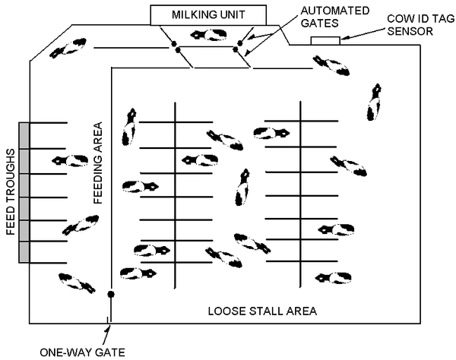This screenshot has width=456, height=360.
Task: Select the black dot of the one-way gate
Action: tap(111, 294)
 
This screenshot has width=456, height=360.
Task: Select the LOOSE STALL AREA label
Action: tap(261, 311)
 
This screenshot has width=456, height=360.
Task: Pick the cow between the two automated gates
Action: tap(207, 36)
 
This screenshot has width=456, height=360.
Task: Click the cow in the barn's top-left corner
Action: tap(68, 48)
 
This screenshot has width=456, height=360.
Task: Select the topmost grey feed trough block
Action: tap(24, 134)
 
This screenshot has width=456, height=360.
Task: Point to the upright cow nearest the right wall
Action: tap(375, 103)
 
